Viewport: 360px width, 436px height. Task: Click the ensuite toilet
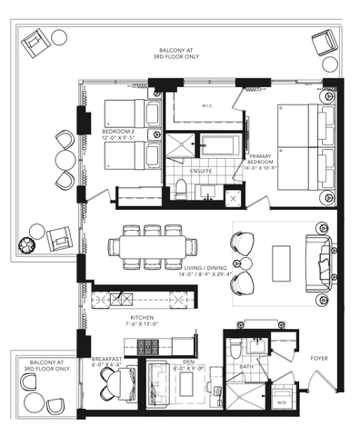181,188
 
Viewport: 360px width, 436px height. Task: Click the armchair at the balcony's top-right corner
325,43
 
